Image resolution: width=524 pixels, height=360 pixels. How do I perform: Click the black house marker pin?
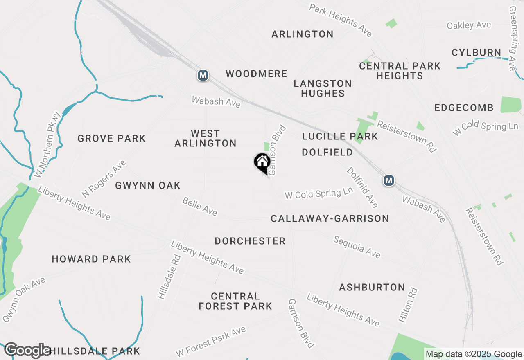[262, 162]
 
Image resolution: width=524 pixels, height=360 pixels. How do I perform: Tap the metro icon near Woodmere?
[203, 75]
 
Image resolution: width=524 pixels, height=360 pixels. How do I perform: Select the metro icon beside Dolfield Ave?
[388, 180]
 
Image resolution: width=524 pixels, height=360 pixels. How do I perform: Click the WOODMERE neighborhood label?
[257, 74]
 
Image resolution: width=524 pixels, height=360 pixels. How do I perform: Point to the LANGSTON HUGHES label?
[323, 88]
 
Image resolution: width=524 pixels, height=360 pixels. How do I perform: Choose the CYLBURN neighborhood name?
[476, 53]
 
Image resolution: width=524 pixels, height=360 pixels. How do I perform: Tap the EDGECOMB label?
[464, 108]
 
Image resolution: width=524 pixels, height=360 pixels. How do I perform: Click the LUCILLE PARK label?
[340, 137]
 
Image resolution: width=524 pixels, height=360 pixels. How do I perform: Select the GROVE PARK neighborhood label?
[111, 138]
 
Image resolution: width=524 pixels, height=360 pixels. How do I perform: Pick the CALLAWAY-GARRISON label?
[330, 219]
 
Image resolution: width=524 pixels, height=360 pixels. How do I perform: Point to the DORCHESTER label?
[250, 241]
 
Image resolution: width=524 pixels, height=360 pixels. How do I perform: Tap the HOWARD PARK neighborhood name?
[91, 259]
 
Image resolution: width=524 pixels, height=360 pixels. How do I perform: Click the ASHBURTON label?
[372, 288]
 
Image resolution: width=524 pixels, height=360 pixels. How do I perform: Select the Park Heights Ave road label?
[341, 20]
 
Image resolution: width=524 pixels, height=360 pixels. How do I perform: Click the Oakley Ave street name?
[469, 25]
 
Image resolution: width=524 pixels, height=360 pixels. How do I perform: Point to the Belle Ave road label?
[200, 206]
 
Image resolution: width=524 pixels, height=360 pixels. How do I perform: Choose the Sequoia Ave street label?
[357, 247]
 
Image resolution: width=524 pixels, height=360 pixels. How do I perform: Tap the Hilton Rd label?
[408, 305]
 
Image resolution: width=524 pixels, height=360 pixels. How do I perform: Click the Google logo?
[27, 350]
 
